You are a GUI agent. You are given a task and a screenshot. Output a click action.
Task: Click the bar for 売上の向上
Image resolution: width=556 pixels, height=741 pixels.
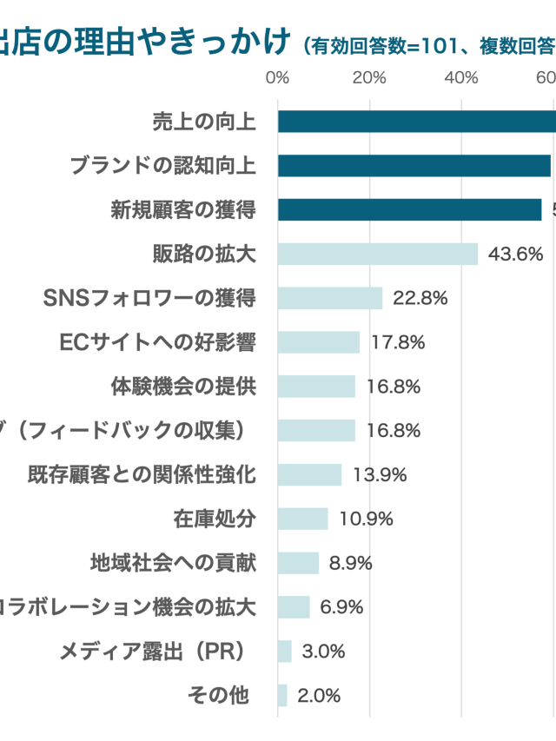tap(417, 122)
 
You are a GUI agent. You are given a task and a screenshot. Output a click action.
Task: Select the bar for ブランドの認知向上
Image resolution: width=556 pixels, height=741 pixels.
tap(414, 166)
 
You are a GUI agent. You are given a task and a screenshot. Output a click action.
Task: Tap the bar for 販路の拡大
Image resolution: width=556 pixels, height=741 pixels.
tap(378, 254)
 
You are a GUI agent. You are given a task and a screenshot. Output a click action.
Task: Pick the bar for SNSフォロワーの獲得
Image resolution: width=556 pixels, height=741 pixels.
tap(330, 298)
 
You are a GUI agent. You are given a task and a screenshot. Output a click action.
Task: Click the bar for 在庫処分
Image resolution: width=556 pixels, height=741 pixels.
tap(303, 519)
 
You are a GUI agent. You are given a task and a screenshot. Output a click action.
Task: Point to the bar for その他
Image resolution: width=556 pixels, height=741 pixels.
tap(282, 695)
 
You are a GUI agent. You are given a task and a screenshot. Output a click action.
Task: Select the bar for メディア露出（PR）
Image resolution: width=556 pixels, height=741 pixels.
tap(285, 651)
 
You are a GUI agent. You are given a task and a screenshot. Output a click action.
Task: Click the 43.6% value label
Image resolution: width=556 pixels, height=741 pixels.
tap(516, 254)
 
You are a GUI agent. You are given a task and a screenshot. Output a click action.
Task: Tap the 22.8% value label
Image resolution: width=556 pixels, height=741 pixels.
tap(420, 298)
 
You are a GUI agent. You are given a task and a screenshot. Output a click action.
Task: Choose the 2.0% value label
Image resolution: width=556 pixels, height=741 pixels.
tap(319, 695)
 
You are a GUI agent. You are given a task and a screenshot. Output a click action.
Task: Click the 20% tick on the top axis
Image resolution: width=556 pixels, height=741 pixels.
tap(369, 78)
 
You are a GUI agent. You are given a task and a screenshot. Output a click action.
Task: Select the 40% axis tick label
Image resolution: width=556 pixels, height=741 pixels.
tap(461, 78)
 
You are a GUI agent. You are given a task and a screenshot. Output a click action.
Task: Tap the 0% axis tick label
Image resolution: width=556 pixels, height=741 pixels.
tap(277, 78)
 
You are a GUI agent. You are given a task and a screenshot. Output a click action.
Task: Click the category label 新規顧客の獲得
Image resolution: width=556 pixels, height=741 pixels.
tap(182, 209)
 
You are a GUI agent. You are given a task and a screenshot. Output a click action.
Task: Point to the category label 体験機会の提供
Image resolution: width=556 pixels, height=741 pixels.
tap(183, 387)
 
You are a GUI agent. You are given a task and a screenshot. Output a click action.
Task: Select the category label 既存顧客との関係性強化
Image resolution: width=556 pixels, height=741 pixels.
tap(142, 474)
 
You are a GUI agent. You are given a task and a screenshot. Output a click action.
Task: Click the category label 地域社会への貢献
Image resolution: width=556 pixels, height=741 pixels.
tap(173, 563)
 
